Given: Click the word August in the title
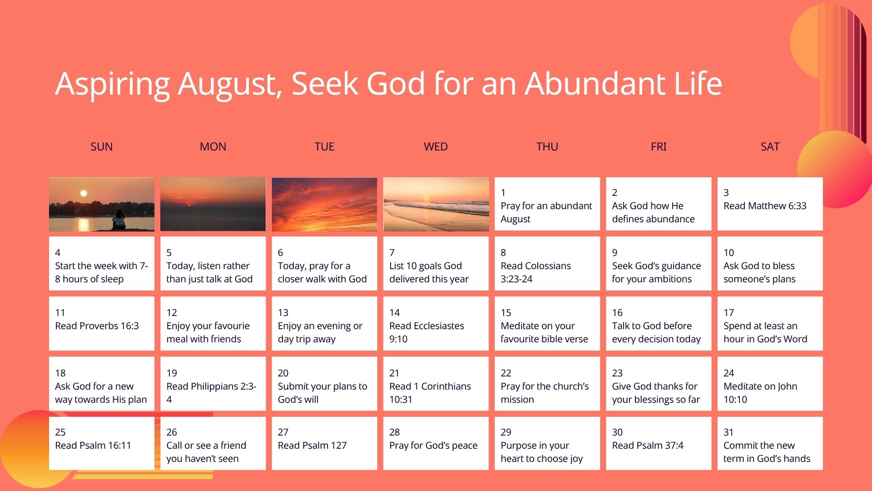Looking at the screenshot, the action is click(230, 84).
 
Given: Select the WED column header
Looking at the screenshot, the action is click(436, 146).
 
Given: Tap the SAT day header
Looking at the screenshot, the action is click(770, 146).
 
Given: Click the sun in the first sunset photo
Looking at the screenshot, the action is click(84, 193).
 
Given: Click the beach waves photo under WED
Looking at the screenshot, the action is click(436, 204).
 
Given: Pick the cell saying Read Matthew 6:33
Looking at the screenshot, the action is click(770, 204).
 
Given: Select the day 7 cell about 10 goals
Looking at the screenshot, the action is click(436, 264).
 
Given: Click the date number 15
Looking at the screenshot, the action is click(506, 313).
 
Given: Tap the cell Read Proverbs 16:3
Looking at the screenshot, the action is click(102, 324).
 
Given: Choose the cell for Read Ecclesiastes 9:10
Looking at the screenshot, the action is click(436, 324).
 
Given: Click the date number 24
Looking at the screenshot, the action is click(728, 373).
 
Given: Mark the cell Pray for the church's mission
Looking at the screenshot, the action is click(547, 384).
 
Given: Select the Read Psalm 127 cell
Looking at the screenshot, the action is click(324, 443).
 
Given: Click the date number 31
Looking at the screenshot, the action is click(728, 432).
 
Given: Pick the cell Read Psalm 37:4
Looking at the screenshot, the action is click(659, 443).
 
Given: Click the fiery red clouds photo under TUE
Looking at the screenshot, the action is click(324, 204).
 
